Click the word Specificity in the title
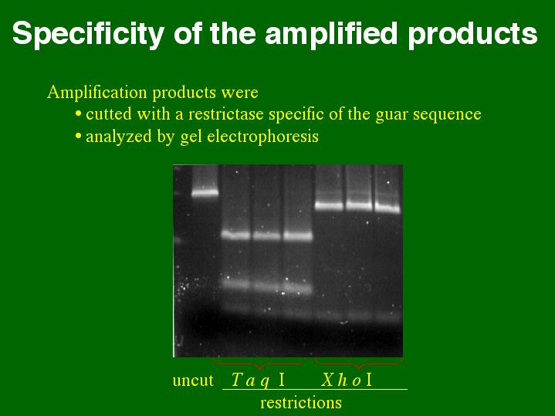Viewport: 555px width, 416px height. pos(88,34)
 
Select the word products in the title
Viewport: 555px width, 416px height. pos(473,35)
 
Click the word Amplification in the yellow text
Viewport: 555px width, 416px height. pos(97,93)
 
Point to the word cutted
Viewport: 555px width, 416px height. pos(108,114)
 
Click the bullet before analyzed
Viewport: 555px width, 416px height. pos(78,137)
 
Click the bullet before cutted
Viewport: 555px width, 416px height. pos(78,114)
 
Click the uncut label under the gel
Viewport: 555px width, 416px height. pos(193,380)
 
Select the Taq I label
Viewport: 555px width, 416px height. pos(258,380)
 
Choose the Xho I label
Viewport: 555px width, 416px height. pos(347,380)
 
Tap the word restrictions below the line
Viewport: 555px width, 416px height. pos(301,403)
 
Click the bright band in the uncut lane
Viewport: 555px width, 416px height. pos(205,193)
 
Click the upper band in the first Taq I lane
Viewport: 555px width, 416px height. pos(236,235)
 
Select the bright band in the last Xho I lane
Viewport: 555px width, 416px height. pos(387,208)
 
